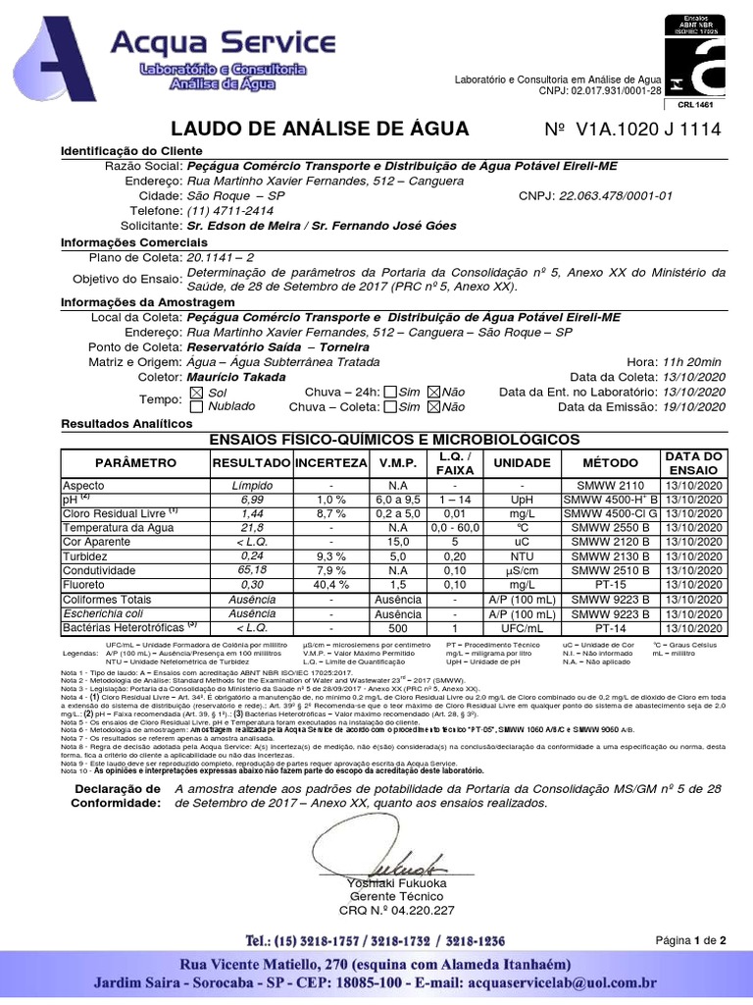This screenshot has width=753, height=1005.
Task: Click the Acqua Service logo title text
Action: coord(223,43)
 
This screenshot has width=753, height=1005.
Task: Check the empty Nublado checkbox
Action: coord(196,406)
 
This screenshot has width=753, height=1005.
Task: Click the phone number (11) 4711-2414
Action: coord(230,210)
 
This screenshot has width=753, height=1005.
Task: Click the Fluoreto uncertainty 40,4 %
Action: coord(331,584)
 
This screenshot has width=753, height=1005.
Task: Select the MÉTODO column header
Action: coord(610,462)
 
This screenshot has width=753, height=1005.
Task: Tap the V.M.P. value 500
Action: coord(398,627)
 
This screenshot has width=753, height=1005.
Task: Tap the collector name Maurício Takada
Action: coord(229,376)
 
